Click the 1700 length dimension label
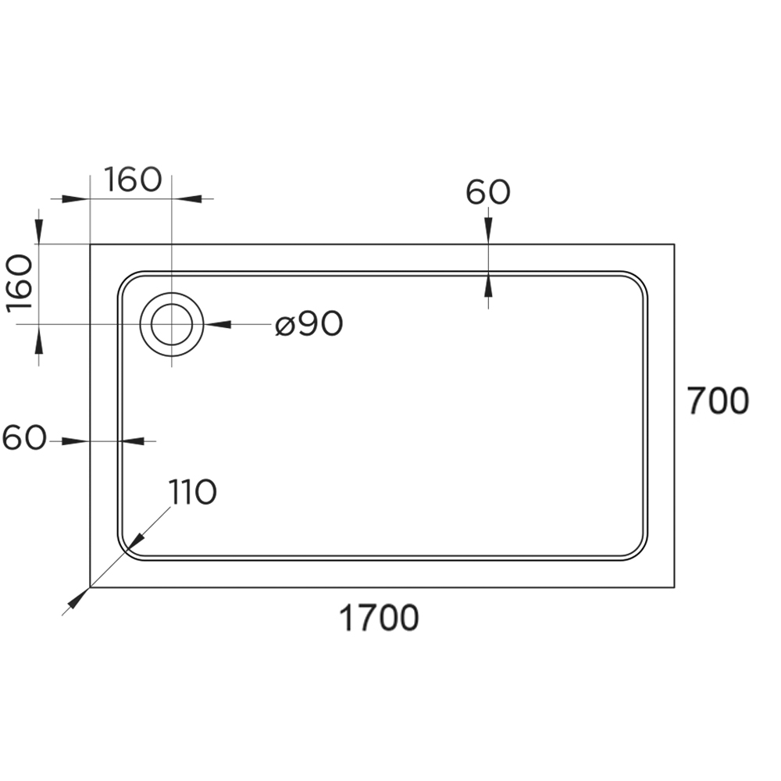(x=379, y=618)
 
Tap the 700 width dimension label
(x=718, y=401)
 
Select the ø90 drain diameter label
(x=309, y=324)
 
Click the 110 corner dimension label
(x=192, y=491)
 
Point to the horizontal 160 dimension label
(x=133, y=180)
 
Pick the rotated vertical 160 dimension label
(x=20, y=284)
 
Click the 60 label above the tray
(x=488, y=192)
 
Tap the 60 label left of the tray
(x=24, y=438)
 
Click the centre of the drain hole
(x=172, y=324)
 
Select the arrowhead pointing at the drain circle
(x=218, y=324)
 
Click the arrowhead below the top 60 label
(x=488, y=230)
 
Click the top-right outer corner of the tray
(x=675, y=244)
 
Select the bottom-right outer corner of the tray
(x=675, y=587)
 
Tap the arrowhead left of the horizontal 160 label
(x=76, y=198)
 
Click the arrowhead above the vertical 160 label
(x=39, y=230)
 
